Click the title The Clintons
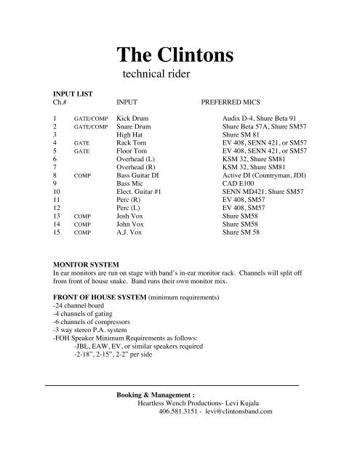pyautogui.click(x=180, y=56)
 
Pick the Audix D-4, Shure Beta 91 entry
pyautogui.click(x=259, y=118)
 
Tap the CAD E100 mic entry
pyautogui.click(x=241, y=184)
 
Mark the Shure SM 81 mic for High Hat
pyautogui.click(x=241, y=134)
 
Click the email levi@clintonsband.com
pyautogui.click(x=234, y=412)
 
